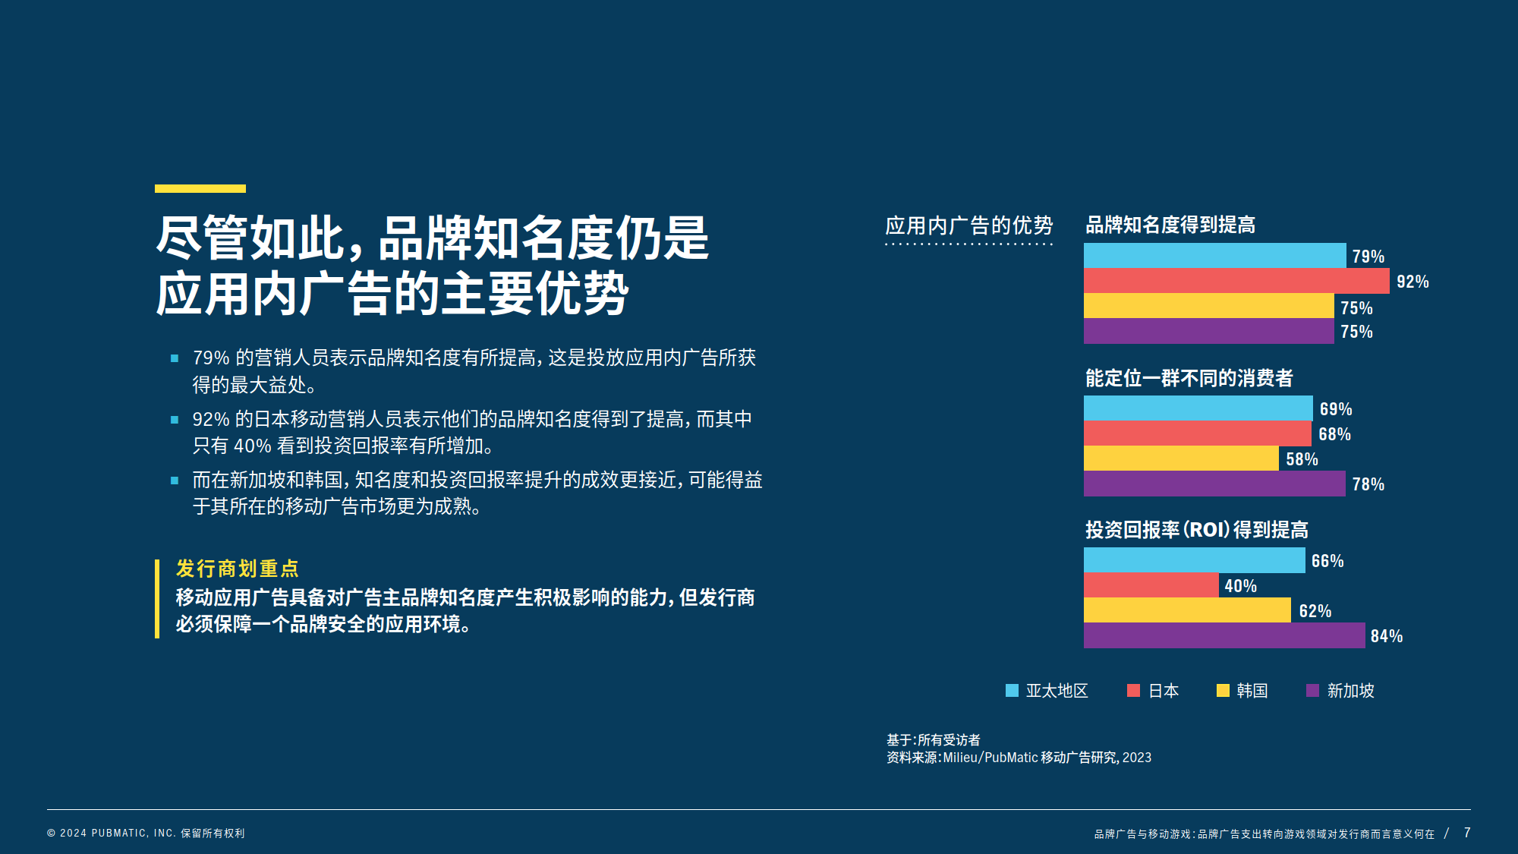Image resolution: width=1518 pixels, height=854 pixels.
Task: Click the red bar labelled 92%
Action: (1236, 281)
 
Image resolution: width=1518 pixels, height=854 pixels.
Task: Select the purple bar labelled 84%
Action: (1224, 635)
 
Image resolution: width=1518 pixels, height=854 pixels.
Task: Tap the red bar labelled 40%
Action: (1151, 585)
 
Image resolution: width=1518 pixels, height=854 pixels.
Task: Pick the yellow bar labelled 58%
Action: (1181, 459)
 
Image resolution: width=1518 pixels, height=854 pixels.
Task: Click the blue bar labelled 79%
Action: (1215, 256)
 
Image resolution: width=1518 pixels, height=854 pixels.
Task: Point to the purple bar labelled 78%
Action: (1214, 484)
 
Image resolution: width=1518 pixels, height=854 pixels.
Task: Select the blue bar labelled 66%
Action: (1195, 560)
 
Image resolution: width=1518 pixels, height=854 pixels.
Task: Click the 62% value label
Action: (1315, 611)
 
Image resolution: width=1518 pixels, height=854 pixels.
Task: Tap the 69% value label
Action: (1336, 409)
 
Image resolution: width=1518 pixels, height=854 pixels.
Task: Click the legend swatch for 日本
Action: (1134, 690)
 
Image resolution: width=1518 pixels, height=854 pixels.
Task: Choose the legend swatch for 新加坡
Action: (1312, 690)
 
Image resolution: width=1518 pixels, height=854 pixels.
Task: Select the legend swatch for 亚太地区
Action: (1012, 690)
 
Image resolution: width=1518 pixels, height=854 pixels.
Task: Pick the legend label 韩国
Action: (1252, 691)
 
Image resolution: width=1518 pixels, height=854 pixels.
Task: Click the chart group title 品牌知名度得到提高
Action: (1170, 225)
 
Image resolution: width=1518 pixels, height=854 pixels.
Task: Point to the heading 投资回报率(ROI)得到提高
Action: (1197, 530)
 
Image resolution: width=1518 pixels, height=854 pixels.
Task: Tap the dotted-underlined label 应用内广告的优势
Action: (969, 225)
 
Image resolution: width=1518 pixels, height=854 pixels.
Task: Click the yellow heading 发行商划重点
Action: (238, 569)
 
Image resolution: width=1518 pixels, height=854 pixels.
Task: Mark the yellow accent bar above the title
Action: (200, 188)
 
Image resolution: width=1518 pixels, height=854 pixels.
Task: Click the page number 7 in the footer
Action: (1467, 833)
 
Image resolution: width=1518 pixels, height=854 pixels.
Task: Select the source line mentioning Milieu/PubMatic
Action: (1019, 758)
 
